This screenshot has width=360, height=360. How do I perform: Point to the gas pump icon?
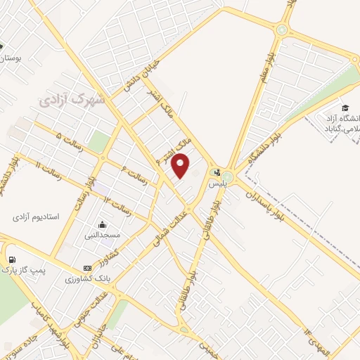click(11, 257)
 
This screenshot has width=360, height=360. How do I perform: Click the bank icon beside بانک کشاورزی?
click(87, 268)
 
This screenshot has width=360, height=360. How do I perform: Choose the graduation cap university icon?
click(345, 107)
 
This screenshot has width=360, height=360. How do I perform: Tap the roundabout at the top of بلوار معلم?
click(282, 30)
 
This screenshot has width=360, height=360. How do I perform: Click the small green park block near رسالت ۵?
click(100, 141)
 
